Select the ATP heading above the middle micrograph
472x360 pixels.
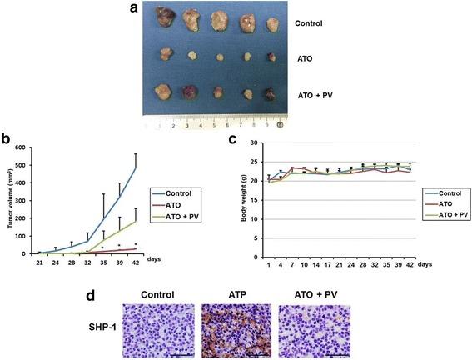click(236, 297)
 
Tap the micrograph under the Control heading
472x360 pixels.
click(157, 331)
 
